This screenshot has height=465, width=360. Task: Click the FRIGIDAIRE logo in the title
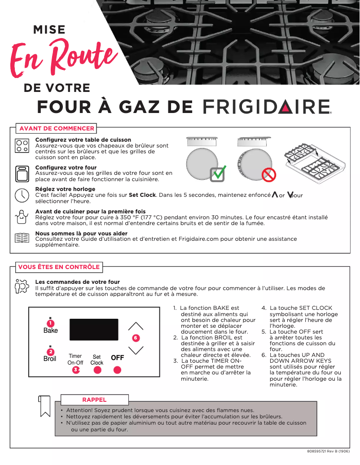268,107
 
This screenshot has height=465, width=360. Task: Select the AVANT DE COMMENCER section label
57,128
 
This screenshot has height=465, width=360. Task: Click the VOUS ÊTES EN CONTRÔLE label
59,267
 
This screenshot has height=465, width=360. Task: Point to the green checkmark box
218,173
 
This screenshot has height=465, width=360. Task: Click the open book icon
22,238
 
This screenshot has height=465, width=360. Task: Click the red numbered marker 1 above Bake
51,323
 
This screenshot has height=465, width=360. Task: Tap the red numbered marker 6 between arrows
135,337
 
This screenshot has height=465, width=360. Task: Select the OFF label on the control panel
117,358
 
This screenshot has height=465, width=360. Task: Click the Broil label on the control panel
50,359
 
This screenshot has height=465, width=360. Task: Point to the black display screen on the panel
94,330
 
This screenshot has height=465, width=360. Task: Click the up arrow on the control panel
135,326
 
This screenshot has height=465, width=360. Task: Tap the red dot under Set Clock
97,370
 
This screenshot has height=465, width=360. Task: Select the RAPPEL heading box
94,400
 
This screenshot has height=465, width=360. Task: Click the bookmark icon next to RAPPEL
44,406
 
